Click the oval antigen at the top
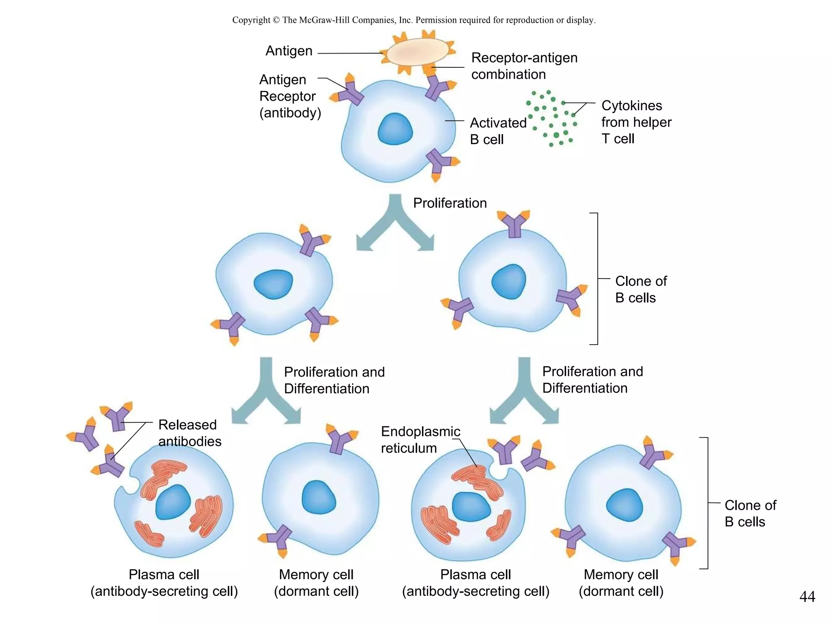tap(417, 52)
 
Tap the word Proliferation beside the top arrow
tap(450, 203)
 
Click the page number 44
tap(807, 597)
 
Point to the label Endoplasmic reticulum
tap(420, 440)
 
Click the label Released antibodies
tap(189, 433)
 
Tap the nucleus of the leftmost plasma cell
tap(173, 502)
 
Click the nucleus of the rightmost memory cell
tap(624, 505)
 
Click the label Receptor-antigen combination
tap(524, 66)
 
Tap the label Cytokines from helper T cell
tap(636, 122)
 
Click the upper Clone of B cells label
tap(640, 289)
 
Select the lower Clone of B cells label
tap(750, 513)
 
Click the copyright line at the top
tap(414, 20)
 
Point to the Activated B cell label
tap(497, 131)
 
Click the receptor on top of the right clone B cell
tap(514, 223)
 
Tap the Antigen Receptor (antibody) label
tap(289, 96)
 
